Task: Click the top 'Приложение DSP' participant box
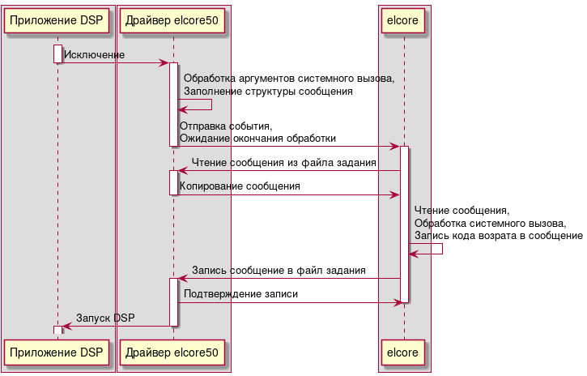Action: tap(57, 21)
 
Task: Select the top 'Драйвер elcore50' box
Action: tap(173, 21)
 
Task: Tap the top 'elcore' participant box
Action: tap(404, 21)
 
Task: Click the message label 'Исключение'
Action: tap(94, 55)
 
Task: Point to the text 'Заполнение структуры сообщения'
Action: tap(268, 92)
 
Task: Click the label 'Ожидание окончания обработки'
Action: tap(257, 139)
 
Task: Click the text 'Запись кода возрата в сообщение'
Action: tap(498, 236)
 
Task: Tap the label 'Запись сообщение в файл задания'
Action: tap(279, 271)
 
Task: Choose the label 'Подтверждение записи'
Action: tap(240, 295)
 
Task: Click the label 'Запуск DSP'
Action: tap(105, 318)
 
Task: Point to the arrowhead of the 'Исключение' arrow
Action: tap(164, 63)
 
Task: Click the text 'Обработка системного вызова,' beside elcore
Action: tap(490, 223)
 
